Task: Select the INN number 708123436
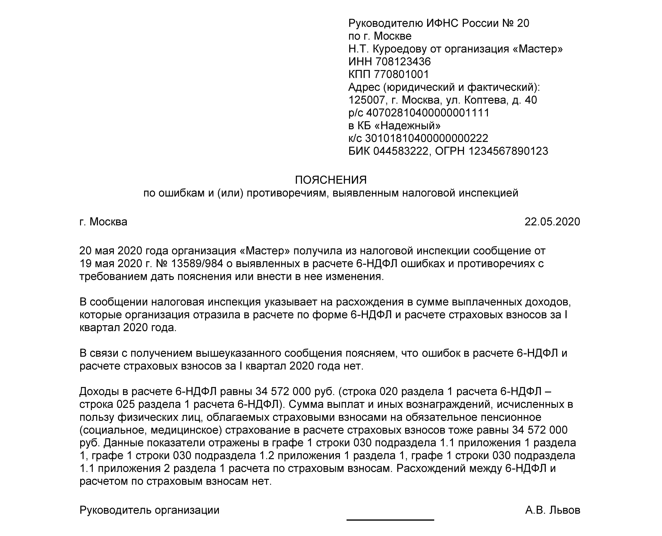coord(403,62)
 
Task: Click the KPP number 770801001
coord(401,74)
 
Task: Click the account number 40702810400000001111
coord(427,113)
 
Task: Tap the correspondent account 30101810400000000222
coord(426,138)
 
